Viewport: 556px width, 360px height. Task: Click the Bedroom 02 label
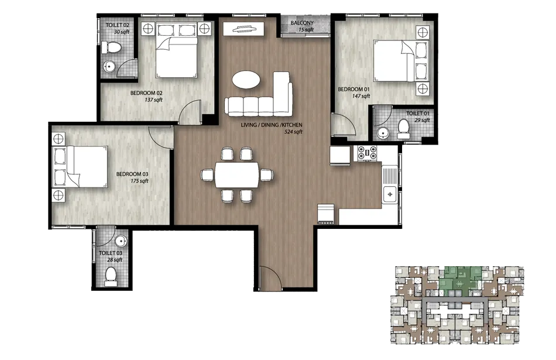pos(146,93)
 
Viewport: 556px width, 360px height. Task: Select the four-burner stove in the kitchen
pos(369,153)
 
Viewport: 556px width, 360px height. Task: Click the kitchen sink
pos(390,193)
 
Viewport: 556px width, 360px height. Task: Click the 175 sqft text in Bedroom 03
pos(139,181)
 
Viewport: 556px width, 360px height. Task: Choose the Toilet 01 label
pos(418,113)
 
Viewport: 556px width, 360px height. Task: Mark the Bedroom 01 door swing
pos(341,125)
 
